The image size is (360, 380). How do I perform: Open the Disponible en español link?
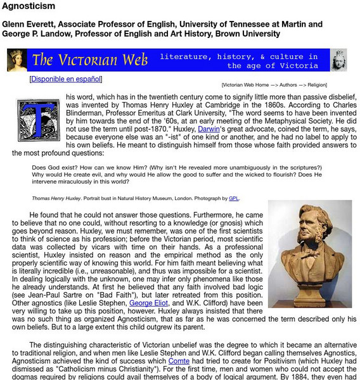(65, 80)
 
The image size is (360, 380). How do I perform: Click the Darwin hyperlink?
(209, 129)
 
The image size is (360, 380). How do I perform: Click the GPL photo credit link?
(234, 198)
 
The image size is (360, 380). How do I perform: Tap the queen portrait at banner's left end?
(16, 61)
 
